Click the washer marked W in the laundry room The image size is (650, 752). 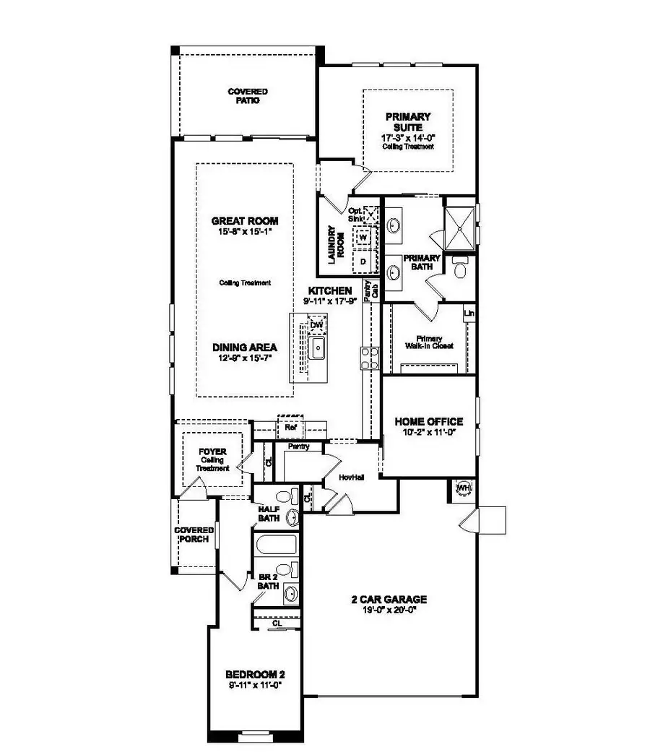pos(363,237)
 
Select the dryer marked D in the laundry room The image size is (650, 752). pos(363,259)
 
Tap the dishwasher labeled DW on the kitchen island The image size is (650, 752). pos(316,327)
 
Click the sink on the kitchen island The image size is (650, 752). pos(316,350)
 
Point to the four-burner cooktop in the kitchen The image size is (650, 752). pos(370,358)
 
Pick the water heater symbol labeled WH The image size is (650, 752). pos(463,489)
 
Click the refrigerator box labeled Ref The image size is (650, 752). pos(291,428)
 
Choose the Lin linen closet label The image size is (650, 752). pos(469,314)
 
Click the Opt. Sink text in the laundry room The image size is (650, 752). pos(356,214)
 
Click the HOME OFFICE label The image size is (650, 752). pos(428,422)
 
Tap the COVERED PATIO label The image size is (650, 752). pos(247,96)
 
